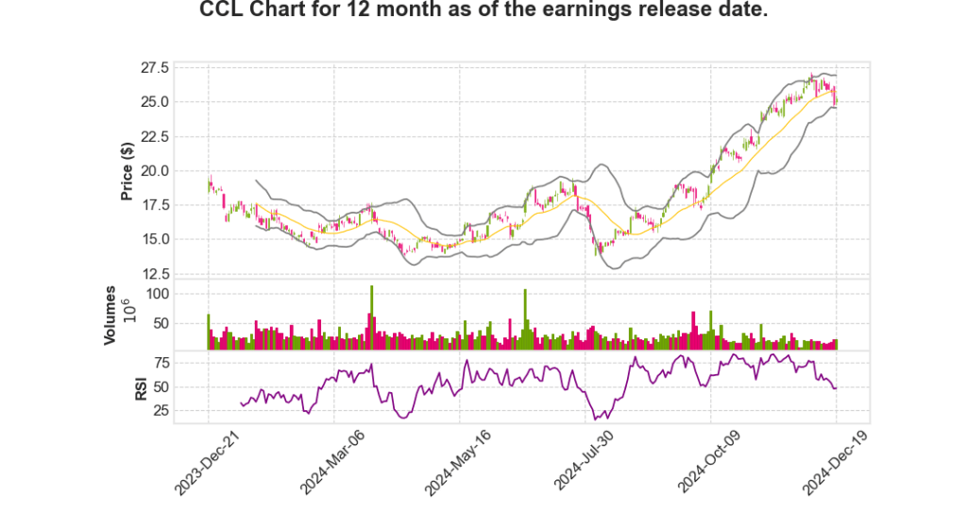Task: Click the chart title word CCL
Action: click(x=224, y=11)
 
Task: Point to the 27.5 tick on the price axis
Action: click(x=156, y=68)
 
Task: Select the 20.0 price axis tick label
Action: click(x=156, y=171)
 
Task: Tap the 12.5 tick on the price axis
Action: click(x=156, y=274)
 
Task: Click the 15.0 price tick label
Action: click(x=156, y=240)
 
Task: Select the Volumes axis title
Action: click(x=110, y=315)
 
